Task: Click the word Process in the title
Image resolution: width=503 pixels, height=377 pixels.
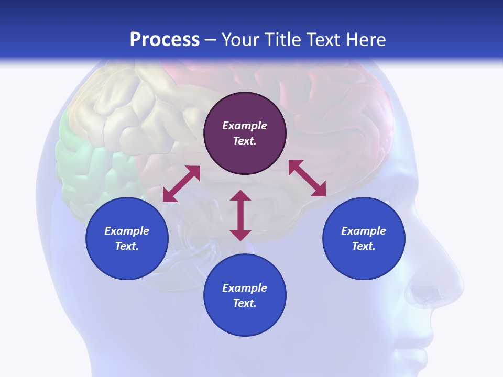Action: pyautogui.click(x=165, y=40)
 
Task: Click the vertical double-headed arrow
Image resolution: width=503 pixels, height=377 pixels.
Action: pyautogui.click(x=240, y=215)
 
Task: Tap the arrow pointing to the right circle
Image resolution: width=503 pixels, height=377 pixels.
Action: pyautogui.click(x=308, y=179)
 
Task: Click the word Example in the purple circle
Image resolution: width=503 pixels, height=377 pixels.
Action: pyautogui.click(x=245, y=126)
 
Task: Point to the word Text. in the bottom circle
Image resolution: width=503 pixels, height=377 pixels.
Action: pyautogui.click(x=245, y=303)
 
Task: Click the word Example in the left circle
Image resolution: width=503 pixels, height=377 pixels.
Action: pyautogui.click(x=127, y=231)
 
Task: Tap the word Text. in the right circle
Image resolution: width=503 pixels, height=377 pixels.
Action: pyautogui.click(x=364, y=246)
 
